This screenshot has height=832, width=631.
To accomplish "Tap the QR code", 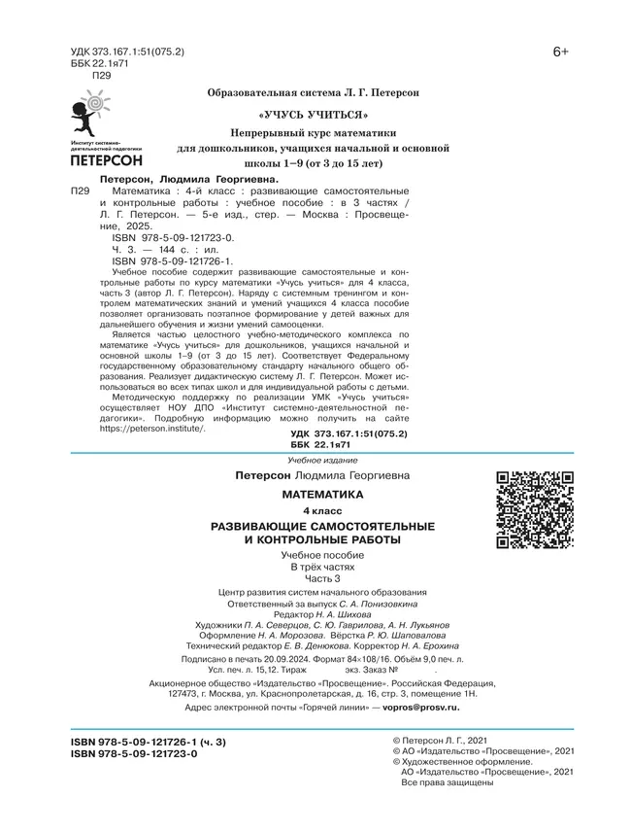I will (x=536, y=509).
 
